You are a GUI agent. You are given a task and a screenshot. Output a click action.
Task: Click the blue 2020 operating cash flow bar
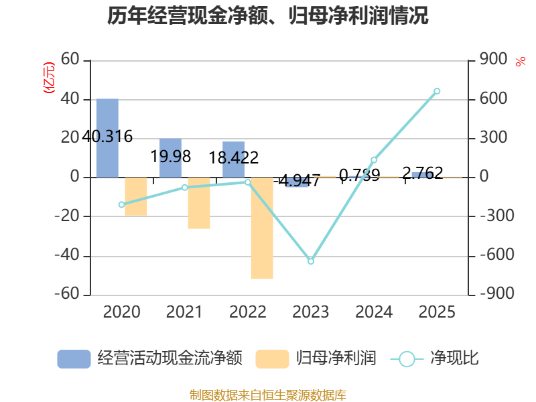point(107,138)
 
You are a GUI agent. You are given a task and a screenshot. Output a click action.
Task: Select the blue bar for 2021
point(170,158)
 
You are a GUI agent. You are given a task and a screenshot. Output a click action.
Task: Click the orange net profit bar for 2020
point(136,197)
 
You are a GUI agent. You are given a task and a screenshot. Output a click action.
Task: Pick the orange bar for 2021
point(199,203)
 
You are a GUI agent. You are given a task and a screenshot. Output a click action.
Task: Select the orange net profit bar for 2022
point(262,228)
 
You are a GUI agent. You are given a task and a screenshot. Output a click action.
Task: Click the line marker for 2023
point(311,261)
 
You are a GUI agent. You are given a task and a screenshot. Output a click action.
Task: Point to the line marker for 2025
point(437,91)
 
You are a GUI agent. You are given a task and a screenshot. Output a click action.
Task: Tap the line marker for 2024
point(374,160)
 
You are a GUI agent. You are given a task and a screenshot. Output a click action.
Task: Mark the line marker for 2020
point(121,204)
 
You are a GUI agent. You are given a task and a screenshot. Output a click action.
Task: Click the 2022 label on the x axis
point(248,312)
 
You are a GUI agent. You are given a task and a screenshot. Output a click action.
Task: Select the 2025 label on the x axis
point(437,312)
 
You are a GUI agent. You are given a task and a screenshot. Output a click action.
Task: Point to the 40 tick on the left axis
point(70,99)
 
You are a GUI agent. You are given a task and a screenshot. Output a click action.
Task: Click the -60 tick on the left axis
point(67,294)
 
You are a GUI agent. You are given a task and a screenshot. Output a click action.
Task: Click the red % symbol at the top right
point(521,62)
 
